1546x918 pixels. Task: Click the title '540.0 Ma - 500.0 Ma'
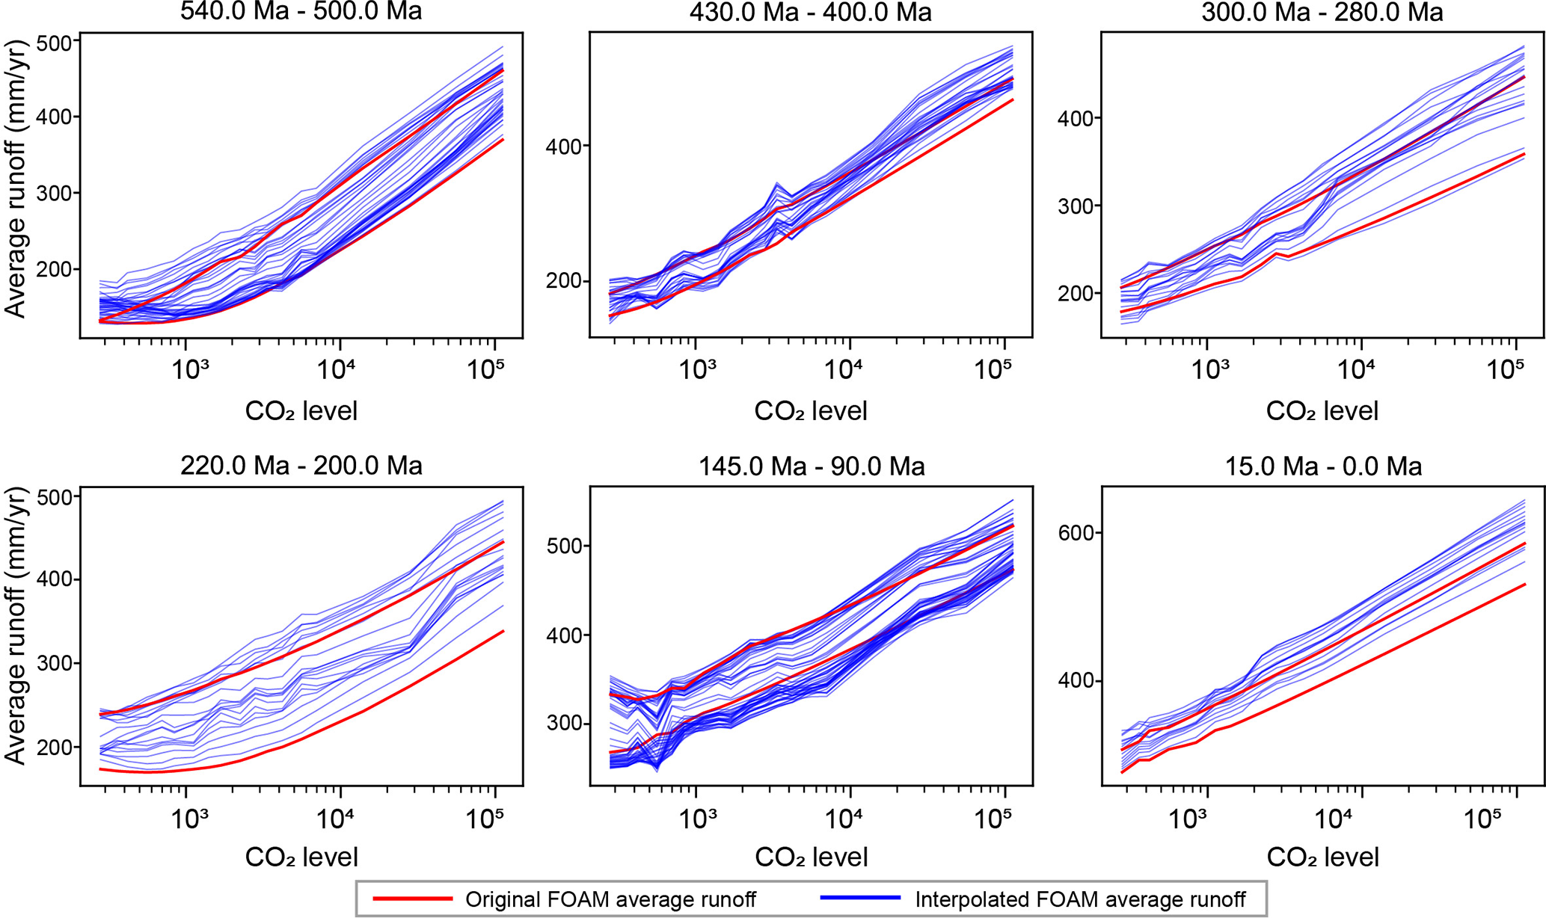pos(301,12)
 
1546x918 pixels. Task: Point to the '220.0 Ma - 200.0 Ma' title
pos(301,466)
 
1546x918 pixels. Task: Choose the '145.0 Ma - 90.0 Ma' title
pos(812,466)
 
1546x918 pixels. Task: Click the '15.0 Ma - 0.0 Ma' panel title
pos(1323,466)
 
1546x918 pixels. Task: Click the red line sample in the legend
pos(413,899)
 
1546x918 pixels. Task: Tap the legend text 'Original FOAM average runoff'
pos(610,899)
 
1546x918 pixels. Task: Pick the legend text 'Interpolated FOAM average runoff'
pos(1080,899)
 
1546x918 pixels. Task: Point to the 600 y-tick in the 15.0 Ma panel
pos(1074,533)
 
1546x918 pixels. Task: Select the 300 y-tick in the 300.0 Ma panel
pos(1074,206)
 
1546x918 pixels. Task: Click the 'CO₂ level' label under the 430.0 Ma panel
pos(811,411)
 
